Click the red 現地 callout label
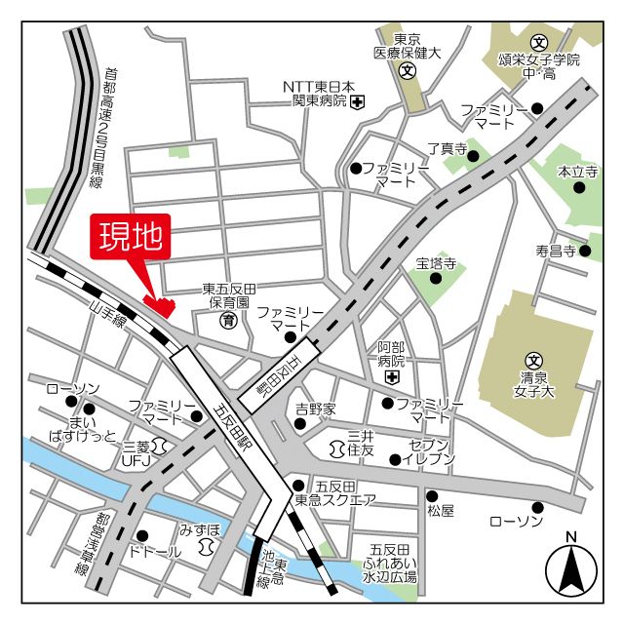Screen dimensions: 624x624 [131, 238]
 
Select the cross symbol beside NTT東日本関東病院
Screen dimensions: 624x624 [358, 101]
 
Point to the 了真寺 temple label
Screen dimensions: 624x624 [448, 149]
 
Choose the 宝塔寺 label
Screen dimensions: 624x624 [436, 262]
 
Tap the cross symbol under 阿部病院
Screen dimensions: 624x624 [392, 377]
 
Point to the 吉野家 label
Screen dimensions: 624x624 [316, 409]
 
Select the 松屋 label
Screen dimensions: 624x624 [441, 511]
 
